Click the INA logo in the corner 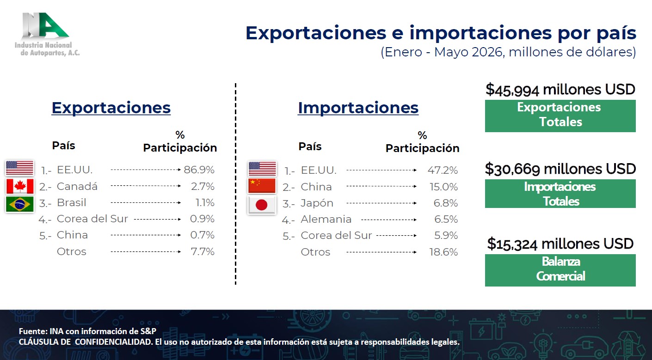(47, 34)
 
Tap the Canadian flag (20, 186)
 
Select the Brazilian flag (20, 204)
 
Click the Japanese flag (262, 205)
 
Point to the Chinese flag (262, 186)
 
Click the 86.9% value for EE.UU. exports (199, 170)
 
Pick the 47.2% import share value (443, 170)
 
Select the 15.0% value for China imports (443, 187)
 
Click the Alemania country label (326, 219)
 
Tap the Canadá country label (77, 186)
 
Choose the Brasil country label (72, 203)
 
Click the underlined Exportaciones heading (111, 108)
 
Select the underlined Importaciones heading (358, 108)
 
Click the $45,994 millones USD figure (560, 89)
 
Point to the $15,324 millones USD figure (560, 244)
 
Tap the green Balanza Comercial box (560, 270)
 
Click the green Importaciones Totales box (560, 194)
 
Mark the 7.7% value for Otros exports (203, 251)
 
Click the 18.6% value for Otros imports (443, 252)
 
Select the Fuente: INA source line (87, 331)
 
